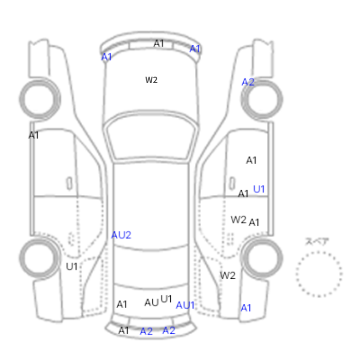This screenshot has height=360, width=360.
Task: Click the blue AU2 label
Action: coord(121,235)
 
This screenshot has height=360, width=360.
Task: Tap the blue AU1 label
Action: coord(185,305)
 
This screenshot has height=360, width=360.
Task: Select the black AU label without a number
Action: coord(152,302)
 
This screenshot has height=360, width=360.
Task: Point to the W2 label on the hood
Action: coord(151,80)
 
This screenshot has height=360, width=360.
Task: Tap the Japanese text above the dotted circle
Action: coord(317,242)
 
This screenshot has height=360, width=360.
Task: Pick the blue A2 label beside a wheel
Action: coord(248,82)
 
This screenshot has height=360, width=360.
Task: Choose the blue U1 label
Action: coord(259,189)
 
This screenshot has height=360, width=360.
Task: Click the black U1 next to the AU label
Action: coord(166,299)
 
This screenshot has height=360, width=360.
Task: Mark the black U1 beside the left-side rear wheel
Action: coord(71,266)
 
